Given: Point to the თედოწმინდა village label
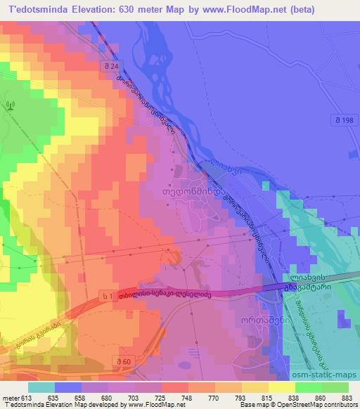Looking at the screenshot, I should [x=201, y=188].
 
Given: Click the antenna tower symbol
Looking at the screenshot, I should [x=9, y=106].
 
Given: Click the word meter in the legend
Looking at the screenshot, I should [x=8, y=397].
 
